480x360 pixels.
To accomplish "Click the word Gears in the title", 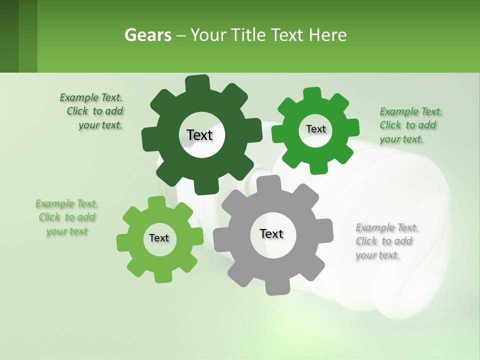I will (x=147, y=35).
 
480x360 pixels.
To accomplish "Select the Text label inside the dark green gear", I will (x=200, y=135).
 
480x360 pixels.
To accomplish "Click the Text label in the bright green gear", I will (x=315, y=129).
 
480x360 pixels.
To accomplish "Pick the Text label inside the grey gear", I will (x=271, y=233).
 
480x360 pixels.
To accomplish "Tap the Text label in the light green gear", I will (x=159, y=238).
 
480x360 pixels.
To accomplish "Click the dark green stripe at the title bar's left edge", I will (x=9, y=36).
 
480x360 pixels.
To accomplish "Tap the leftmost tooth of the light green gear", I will (x=123, y=242).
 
